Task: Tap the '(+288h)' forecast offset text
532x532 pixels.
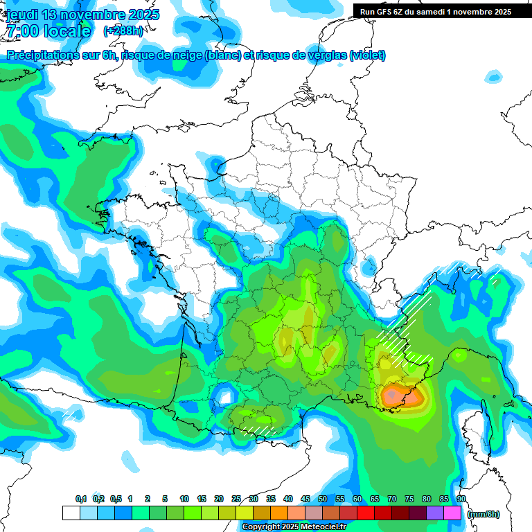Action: point(123,31)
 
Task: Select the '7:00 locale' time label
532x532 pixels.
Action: point(48,31)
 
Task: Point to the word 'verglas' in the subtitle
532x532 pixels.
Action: point(324,55)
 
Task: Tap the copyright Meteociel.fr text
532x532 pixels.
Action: point(294,527)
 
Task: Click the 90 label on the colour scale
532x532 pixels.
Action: point(461,499)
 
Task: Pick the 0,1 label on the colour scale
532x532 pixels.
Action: point(81,499)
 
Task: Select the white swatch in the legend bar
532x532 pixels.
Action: point(71,513)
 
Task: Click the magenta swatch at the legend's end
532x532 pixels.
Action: point(452,513)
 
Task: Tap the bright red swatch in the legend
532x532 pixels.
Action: point(366,513)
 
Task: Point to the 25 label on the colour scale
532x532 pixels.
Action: point(236,499)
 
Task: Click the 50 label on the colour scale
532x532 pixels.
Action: point(323,499)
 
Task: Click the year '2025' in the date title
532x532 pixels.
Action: point(143,15)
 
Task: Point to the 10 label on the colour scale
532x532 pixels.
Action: point(184,499)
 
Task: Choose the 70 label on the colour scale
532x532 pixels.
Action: point(392,499)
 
